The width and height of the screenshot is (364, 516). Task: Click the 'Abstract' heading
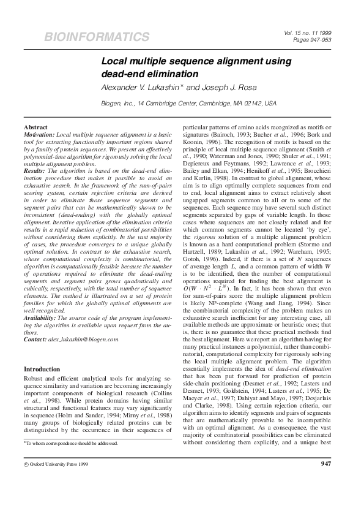35,127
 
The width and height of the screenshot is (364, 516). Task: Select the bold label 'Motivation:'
39,134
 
